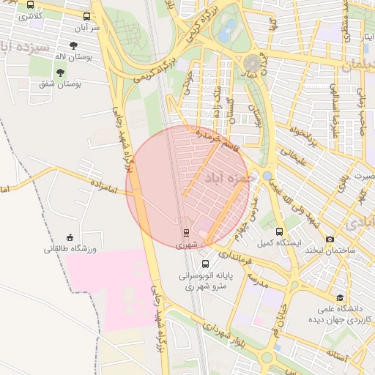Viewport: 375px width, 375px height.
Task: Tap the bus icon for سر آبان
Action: click(87, 16)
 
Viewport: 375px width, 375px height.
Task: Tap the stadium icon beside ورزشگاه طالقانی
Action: click(70, 237)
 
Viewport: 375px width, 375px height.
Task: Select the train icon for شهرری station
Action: click(185, 233)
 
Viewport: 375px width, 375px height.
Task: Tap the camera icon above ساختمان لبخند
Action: click(330, 239)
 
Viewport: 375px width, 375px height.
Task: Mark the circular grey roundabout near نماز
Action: click(254, 63)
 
